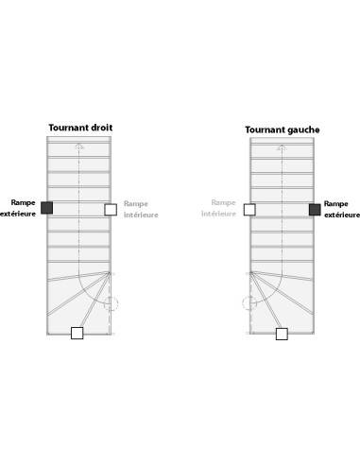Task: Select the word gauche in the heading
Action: click(305, 129)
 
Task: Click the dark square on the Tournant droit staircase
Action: click(46, 208)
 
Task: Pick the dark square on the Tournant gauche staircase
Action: click(315, 209)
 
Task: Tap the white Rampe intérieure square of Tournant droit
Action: click(111, 209)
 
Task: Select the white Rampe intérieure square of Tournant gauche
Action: click(249, 209)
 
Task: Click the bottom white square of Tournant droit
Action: click(77, 333)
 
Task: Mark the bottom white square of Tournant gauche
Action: click(282, 334)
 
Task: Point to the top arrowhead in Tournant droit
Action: click(79, 146)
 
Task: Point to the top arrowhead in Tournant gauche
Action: click(282, 147)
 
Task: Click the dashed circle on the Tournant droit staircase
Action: click(111, 303)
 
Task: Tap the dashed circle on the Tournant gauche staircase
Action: click(249, 303)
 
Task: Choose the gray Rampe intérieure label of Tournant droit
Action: click(140, 209)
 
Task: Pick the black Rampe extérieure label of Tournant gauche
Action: click(341, 209)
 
